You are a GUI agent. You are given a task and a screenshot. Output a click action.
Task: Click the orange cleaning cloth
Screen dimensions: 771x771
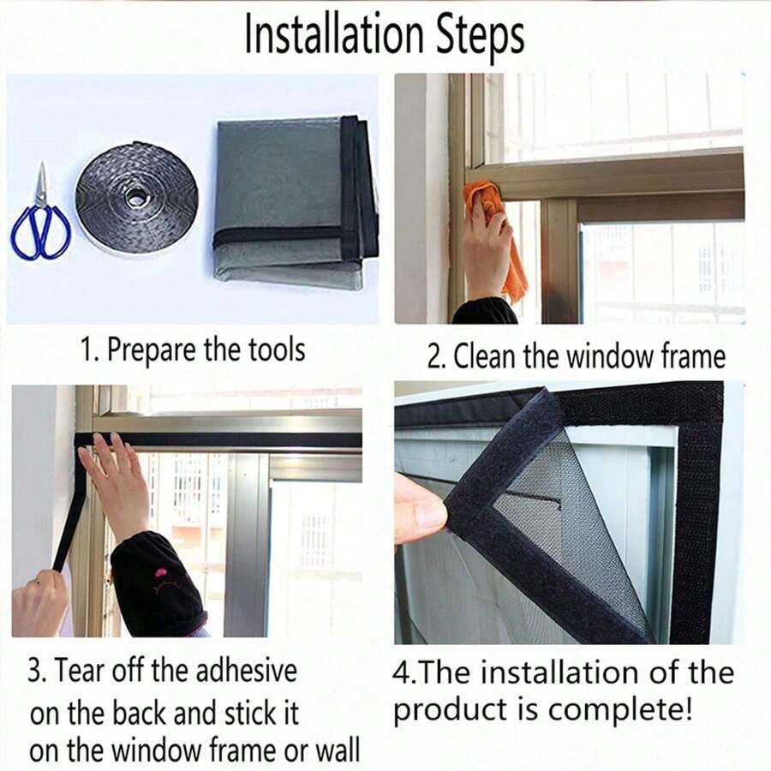coord(505,240)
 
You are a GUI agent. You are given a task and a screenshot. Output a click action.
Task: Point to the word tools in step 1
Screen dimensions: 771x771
coord(273,350)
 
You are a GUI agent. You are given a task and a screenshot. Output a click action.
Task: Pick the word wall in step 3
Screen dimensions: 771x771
coord(336,751)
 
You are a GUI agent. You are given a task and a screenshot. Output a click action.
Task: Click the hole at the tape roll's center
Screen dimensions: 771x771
coord(135,198)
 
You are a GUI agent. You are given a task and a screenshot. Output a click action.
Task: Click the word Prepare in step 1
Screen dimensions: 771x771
coord(150,350)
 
